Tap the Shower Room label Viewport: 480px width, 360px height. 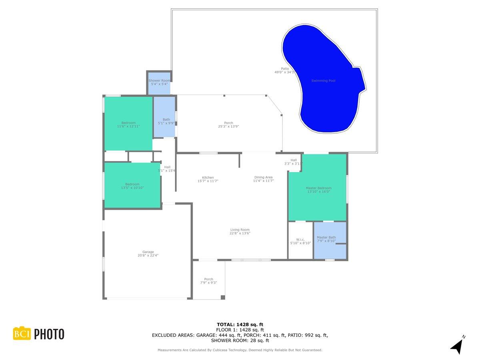(160, 81)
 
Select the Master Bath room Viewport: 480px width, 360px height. (330, 239)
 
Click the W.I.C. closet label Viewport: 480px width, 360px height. (300, 240)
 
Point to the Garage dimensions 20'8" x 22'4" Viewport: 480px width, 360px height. (148, 255)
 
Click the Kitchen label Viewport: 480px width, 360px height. (208, 178)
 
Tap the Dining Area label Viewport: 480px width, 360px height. (263, 177)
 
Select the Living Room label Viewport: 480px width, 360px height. (240, 230)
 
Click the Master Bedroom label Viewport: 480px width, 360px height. (318, 188)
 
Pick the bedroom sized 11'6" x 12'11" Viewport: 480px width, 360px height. (128, 124)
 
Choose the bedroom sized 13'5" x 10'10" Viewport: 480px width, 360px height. (132, 186)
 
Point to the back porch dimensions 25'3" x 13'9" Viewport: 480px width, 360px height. (228, 126)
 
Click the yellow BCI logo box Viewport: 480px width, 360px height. (22, 334)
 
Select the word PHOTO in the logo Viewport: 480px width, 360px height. (49, 334)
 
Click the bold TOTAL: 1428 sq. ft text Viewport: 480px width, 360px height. (240, 324)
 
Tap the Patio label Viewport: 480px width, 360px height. (284, 69)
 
